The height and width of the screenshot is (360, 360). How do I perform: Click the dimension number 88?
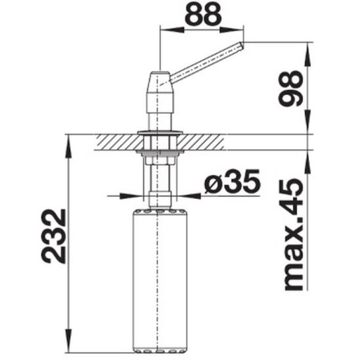tap(203, 14)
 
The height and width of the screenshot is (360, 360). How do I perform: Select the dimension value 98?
tap(290, 88)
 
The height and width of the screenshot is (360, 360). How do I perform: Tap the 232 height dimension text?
tap(53, 236)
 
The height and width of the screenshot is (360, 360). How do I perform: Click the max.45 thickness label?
tap(294, 235)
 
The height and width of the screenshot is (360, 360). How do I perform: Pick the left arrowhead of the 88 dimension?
tap(171, 30)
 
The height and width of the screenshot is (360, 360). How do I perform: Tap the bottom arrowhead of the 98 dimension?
tap(307, 122)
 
